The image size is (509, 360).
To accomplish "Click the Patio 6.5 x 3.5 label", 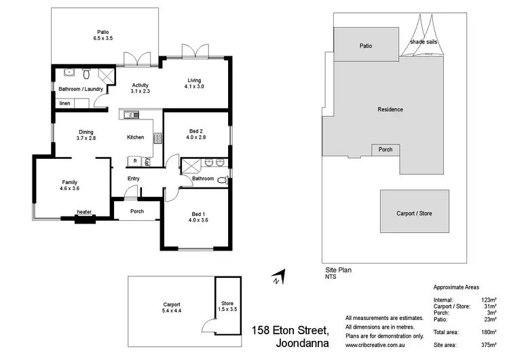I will (103, 35).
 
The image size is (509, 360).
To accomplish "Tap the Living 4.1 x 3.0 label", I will (195, 83).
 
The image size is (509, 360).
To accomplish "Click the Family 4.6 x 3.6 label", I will (69, 185).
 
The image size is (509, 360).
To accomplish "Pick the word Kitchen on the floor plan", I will (136, 137).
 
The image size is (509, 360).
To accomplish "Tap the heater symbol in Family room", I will (84, 216).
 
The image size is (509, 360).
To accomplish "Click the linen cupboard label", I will (64, 103).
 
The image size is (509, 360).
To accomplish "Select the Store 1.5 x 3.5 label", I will (227, 306).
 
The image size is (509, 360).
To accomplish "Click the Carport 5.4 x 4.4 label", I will (171, 307).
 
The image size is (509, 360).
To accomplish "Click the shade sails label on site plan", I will (423, 42).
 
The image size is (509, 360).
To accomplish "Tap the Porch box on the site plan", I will (385, 149).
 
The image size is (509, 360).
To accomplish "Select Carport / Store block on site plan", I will (414, 213).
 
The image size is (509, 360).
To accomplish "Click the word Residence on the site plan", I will (390, 109).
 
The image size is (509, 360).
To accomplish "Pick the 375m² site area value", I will (488, 345).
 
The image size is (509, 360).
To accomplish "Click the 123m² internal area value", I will (488, 300).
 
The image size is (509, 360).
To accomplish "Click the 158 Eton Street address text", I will (290, 331).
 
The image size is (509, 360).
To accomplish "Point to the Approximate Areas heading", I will (456, 287).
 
